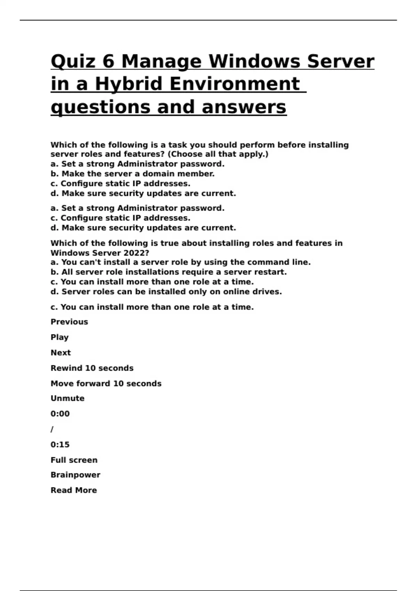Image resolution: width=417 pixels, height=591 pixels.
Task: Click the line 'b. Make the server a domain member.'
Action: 132,173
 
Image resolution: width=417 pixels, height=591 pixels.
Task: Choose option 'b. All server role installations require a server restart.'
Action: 169,272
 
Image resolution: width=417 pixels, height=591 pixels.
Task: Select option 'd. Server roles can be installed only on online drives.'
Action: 166,291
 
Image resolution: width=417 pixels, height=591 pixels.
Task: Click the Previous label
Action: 69,322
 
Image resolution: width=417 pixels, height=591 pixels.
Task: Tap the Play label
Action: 59,337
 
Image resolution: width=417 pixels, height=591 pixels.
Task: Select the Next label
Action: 60,353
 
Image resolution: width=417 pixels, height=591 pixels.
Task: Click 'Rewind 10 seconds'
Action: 92,368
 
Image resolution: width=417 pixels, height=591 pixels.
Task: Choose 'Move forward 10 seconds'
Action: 106,383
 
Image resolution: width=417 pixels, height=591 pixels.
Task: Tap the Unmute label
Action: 67,398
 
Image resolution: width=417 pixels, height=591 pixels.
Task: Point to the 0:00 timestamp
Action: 60,414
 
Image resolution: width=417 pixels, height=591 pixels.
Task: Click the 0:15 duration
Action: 60,444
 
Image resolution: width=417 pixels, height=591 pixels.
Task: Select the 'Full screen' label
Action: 74,460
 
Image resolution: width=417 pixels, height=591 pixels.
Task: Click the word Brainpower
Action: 75,475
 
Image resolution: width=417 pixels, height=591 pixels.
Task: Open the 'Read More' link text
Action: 74,490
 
